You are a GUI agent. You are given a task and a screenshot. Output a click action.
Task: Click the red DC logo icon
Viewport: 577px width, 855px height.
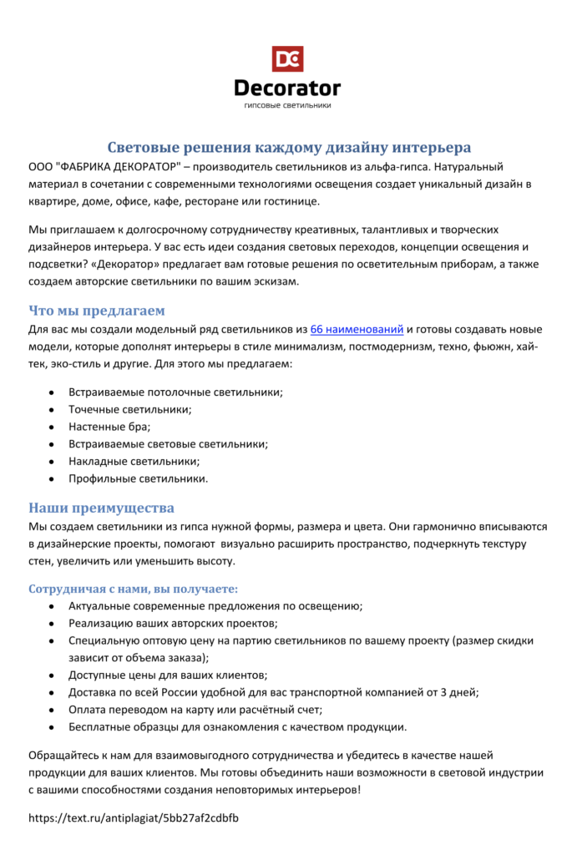[287, 58]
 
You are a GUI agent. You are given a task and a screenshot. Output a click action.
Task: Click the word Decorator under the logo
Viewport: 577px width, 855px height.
[287, 88]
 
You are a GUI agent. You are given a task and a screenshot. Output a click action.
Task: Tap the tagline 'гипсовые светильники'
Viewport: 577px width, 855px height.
[288, 106]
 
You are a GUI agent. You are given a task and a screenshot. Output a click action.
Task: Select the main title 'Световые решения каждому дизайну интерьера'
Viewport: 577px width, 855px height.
[291, 148]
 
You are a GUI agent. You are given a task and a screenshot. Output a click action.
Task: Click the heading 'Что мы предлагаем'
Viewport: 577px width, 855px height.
[97, 311]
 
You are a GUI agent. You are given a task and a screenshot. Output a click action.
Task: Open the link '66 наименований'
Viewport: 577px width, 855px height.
[357, 329]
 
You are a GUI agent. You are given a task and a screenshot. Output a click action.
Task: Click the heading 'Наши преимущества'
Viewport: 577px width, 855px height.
[101, 508]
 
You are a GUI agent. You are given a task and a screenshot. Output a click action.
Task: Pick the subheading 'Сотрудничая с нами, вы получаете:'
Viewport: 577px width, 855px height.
[133, 589]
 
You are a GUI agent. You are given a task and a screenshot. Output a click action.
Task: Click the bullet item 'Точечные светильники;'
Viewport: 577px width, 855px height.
[130, 409]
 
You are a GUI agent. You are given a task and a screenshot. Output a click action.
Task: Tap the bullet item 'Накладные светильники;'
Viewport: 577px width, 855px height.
[134, 461]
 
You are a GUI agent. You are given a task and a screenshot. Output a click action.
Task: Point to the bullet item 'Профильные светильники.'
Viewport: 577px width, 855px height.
[139, 478]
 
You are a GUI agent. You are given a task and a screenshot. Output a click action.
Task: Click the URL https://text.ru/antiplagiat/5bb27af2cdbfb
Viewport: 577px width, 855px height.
[134, 818]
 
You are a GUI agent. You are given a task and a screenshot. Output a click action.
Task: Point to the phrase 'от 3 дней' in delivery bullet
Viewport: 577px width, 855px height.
[453, 692]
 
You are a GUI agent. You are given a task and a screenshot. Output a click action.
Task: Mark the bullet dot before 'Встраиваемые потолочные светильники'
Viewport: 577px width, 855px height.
[53, 392]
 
